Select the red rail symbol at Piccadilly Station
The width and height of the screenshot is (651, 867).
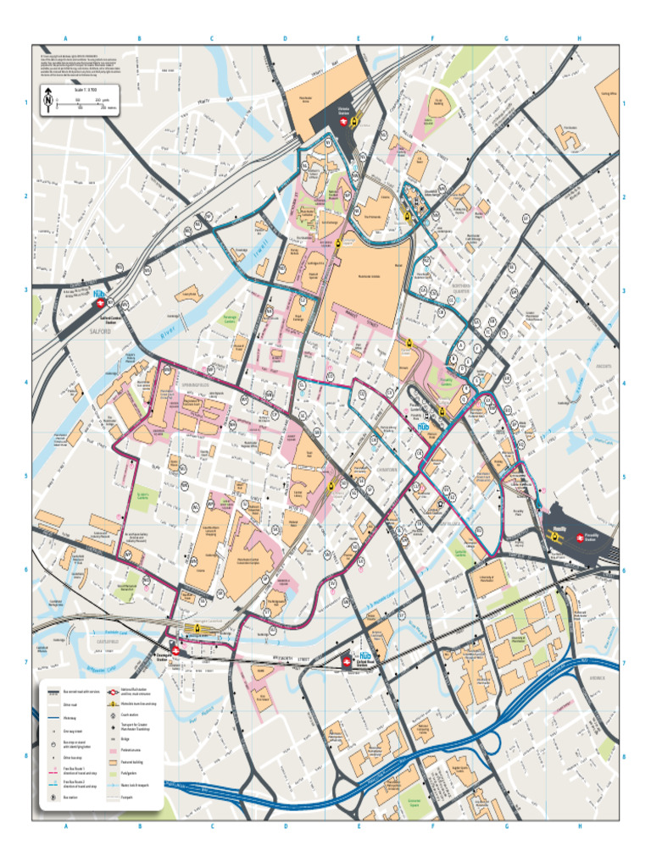pyautogui.click(x=581, y=535)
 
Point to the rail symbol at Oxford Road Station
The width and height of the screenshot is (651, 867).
pyautogui.click(x=346, y=663)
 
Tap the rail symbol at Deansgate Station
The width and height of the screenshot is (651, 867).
pyautogui.click(x=175, y=650)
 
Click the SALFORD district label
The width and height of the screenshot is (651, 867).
pyautogui.click(x=101, y=333)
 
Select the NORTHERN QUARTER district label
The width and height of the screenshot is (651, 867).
pyautogui.click(x=461, y=289)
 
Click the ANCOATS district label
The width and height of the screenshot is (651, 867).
pyautogui.click(x=604, y=366)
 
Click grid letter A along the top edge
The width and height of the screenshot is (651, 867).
pyautogui.click(x=65, y=39)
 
